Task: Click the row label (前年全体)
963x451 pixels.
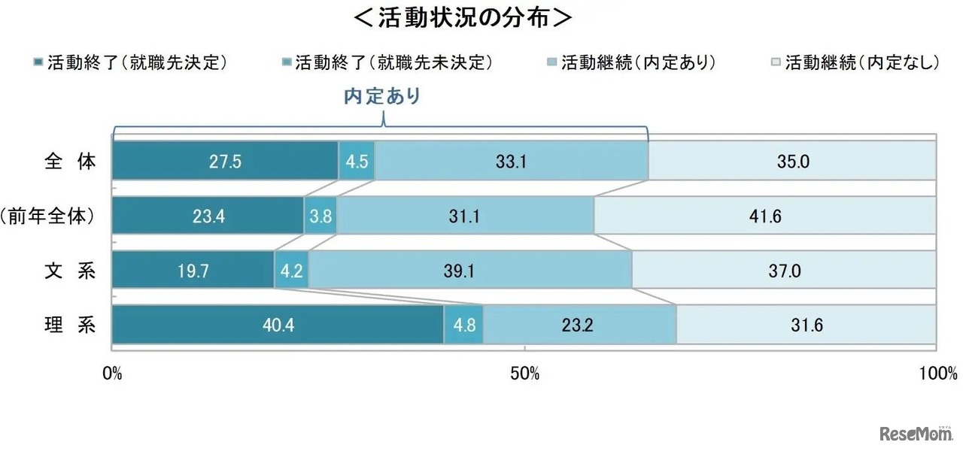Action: point(50,216)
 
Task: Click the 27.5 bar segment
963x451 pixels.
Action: point(225,161)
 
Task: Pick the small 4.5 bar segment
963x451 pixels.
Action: point(357,161)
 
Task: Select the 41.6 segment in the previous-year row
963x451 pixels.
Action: point(765,216)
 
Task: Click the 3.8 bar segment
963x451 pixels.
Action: point(320,216)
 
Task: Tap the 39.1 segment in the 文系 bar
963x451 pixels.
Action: point(470,271)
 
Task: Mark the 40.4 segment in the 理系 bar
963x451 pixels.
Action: point(278,326)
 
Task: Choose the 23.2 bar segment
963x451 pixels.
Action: point(579,326)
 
